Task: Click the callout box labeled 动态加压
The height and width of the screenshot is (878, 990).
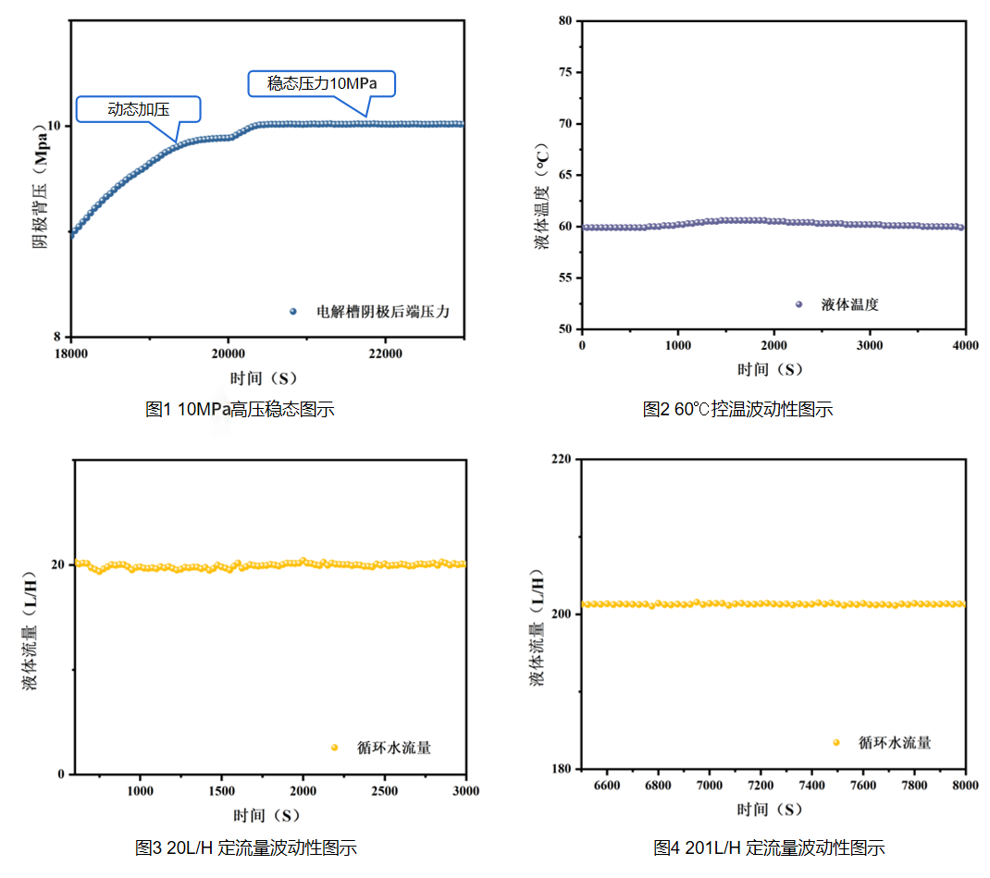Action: pos(138,109)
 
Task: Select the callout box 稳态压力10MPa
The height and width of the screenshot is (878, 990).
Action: pos(322,84)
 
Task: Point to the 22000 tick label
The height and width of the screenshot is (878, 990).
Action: pos(386,352)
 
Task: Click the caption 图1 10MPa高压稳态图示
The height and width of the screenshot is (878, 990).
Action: pos(240,409)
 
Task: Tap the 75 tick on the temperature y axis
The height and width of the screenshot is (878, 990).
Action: pos(564,71)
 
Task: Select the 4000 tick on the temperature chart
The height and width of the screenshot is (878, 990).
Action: pos(965,345)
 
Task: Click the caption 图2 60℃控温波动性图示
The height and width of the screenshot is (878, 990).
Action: pos(737,409)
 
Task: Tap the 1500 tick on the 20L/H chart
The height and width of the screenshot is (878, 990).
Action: pos(222,791)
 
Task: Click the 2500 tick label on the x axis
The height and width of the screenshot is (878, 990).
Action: pos(385,791)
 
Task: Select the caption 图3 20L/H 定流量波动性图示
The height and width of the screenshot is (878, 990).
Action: pos(245,847)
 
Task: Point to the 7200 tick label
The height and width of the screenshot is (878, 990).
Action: pos(761,785)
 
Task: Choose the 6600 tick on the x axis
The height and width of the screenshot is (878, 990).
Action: pos(607,785)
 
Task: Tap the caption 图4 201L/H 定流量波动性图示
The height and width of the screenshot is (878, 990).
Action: pos(769,847)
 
